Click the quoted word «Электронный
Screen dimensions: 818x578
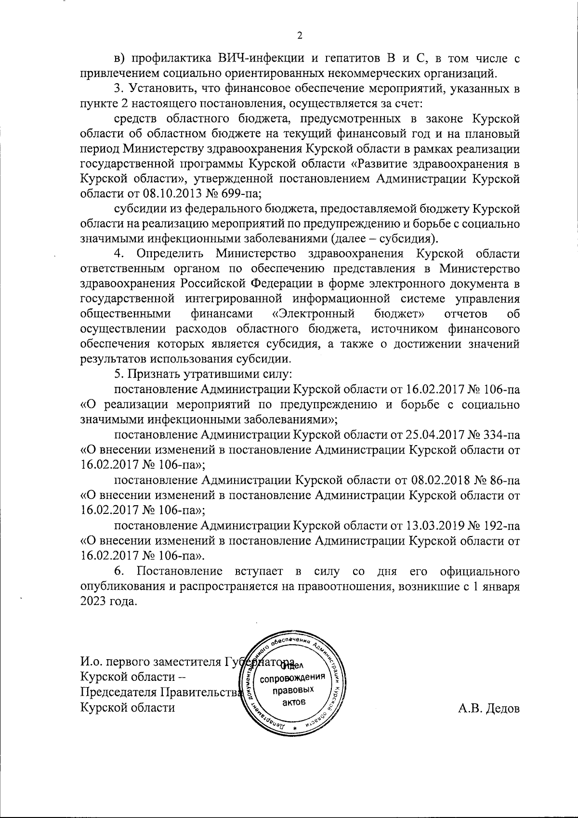tap(313, 314)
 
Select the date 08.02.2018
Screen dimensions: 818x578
tap(439, 480)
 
